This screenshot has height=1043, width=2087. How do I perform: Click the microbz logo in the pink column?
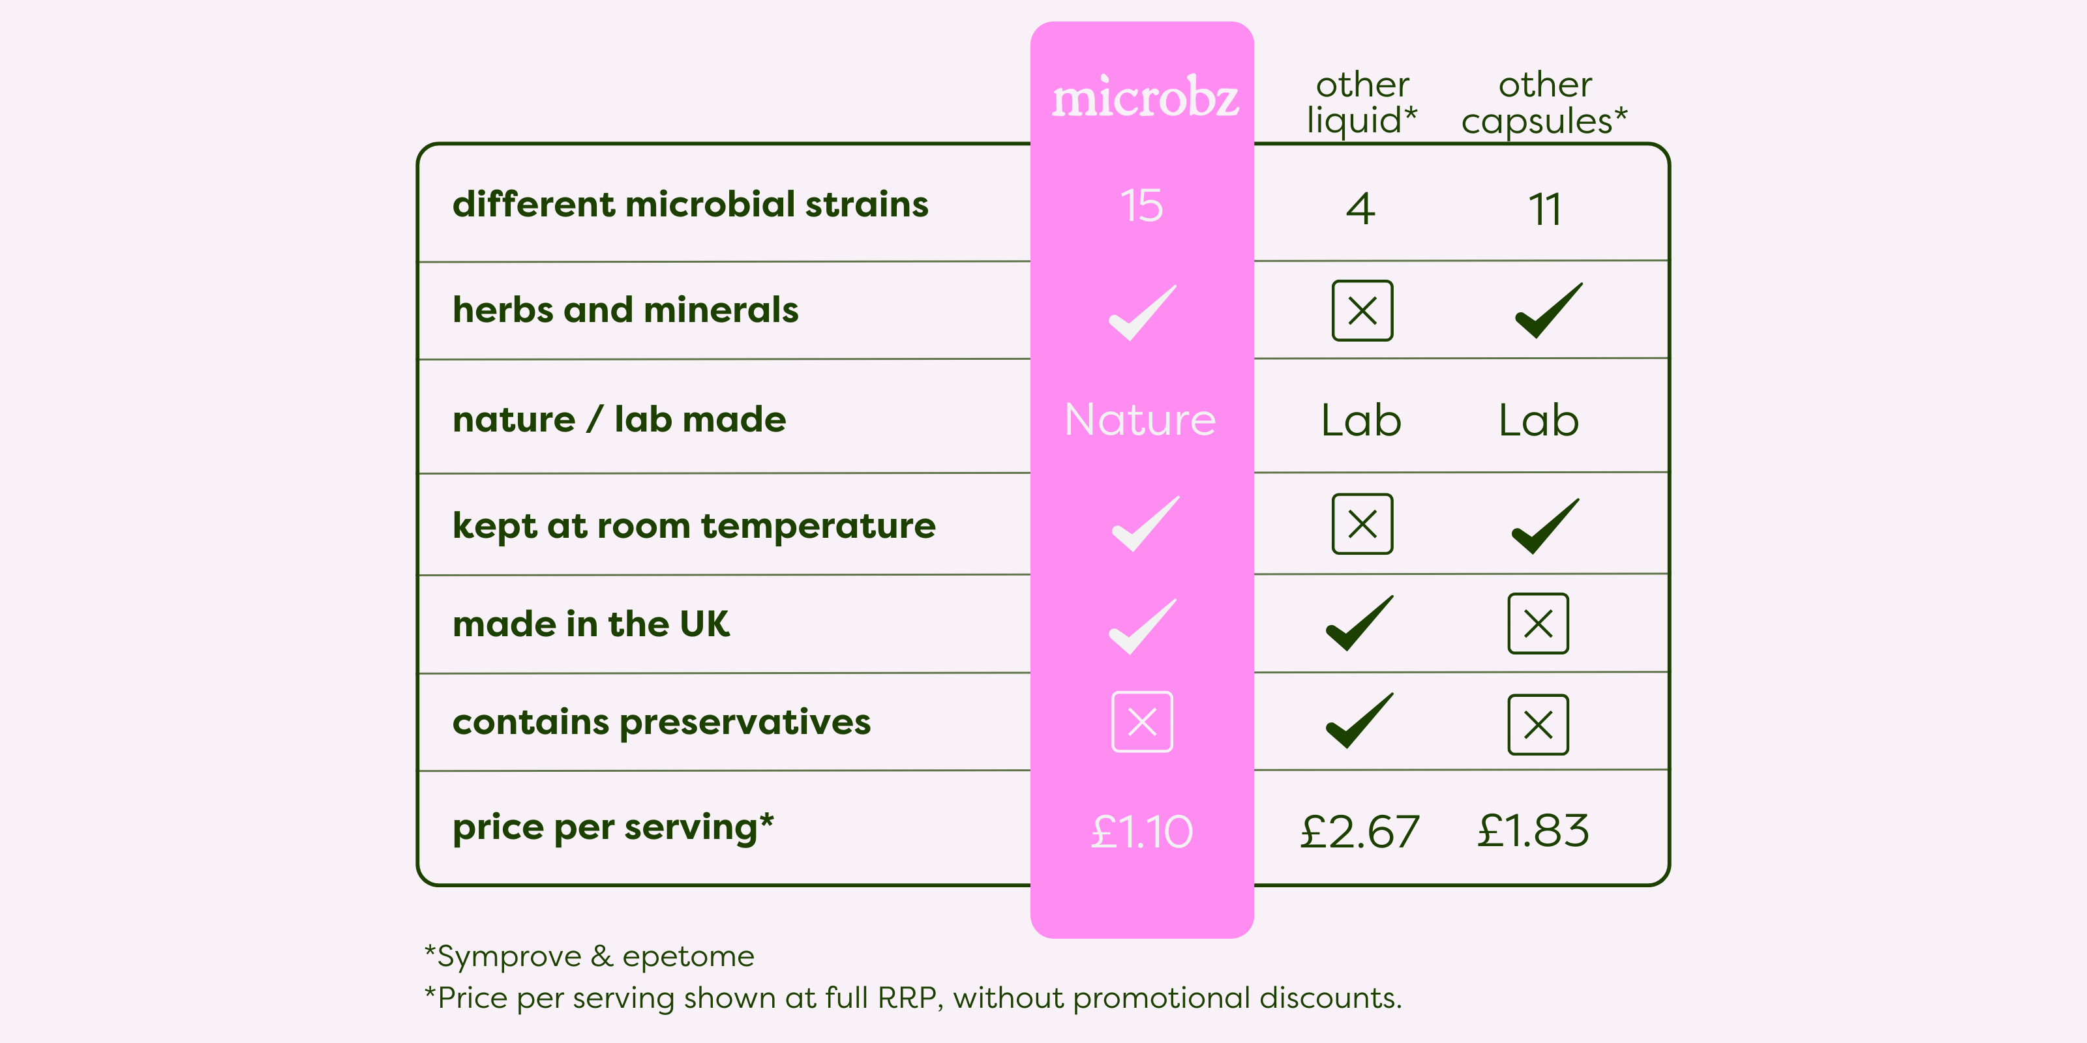pyautogui.click(x=1145, y=97)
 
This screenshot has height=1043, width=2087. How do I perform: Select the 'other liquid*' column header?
pyautogui.click(x=1362, y=103)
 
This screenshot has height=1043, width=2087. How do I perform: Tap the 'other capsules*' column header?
pyautogui.click(x=1544, y=103)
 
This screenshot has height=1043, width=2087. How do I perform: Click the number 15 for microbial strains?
pyautogui.click(x=1141, y=206)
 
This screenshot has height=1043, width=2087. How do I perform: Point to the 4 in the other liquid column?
pyautogui.click(x=1361, y=209)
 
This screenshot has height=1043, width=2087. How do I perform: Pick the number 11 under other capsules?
pyautogui.click(x=1545, y=209)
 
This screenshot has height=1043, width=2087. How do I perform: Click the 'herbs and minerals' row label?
pyautogui.click(x=625, y=310)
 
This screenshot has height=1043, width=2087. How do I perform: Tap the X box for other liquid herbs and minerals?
pyautogui.click(x=1362, y=311)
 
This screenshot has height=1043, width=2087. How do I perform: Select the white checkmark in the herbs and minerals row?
pyautogui.click(x=1143, y=313)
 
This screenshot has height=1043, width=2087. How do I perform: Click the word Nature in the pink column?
pyautogui.click(x=1141, y=419)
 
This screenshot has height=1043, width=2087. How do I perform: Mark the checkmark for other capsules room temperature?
pyautogui.click(x=1546, y=526)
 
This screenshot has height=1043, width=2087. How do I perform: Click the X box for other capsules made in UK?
pyautogui.click(x=1539, y=624)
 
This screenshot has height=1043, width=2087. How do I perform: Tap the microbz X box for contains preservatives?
pyautogui.click(x=1143, y=722)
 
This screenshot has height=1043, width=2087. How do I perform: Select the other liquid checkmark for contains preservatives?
pyautogui.click(x=1359, y=721)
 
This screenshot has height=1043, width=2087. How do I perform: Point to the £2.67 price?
pyautogui.click(x=1360, y=832)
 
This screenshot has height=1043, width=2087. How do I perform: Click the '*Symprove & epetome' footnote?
pyautogui.click(x=590, y=956)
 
